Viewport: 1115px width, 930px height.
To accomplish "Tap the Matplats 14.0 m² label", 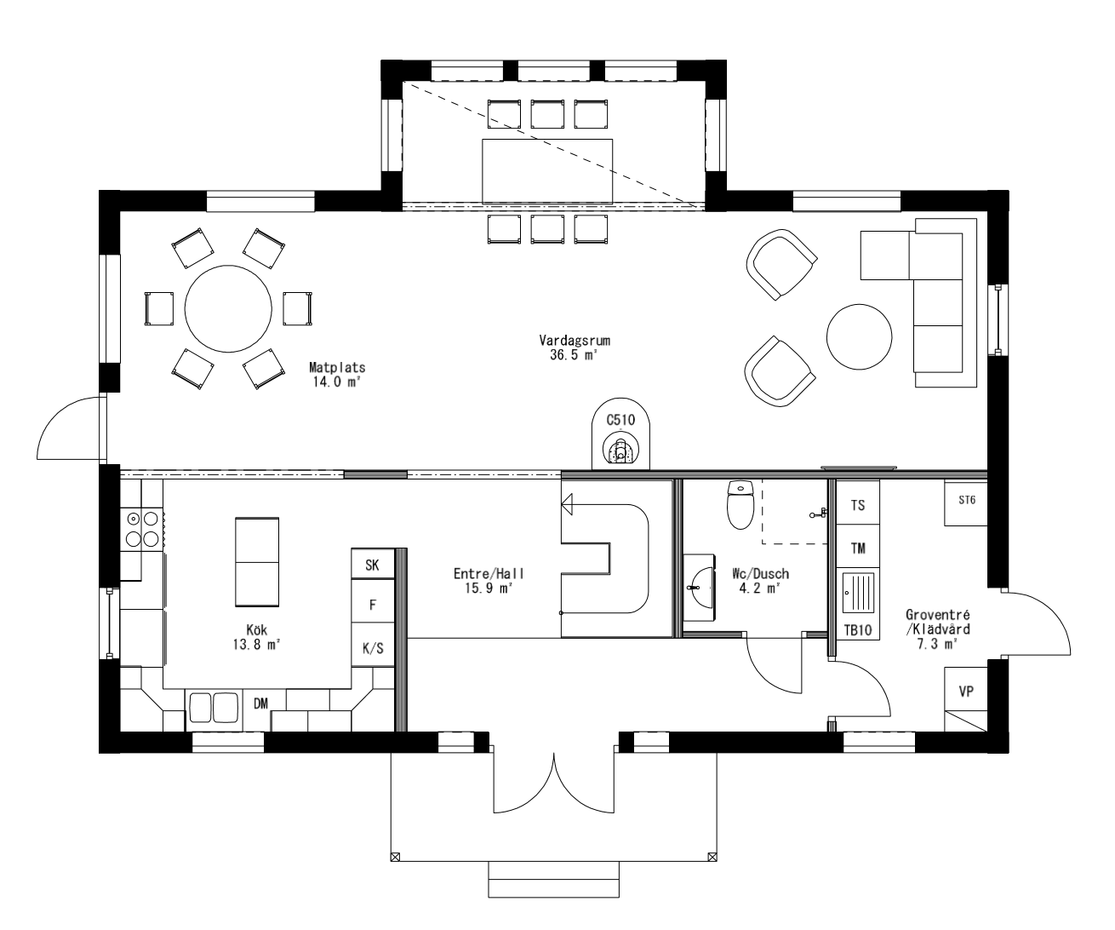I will click(x=337, y=375).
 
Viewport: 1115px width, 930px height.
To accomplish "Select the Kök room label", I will click(x=257, y=637).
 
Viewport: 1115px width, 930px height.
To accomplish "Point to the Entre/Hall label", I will click(x=483, y=581).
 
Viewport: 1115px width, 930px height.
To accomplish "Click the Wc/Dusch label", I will click(x=753, y=581).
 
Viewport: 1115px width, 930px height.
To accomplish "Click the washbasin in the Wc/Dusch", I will click(x=700, y=586).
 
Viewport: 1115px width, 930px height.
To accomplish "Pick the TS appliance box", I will click(x=858, y=505).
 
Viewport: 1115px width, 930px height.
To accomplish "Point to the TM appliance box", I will click(x=858, y=548).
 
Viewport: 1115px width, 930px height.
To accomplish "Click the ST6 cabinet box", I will click(x=966, y=502).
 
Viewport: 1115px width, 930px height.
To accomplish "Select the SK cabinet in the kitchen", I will click(x=373, y=564).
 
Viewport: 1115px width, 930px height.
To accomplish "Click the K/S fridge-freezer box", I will click(x=373, y=648).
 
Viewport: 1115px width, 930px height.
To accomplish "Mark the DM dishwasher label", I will click(x=261, y=703).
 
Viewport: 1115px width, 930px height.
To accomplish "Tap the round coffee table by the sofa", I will click(x=860, y=337).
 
